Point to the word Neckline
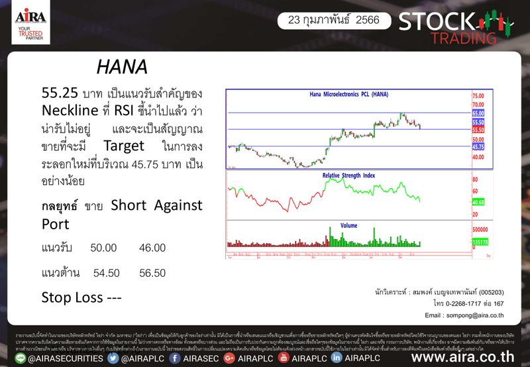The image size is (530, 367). (69, 109)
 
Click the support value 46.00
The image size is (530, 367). (152, 247)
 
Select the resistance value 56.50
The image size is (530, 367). (152, 272)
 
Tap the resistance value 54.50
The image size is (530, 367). (107, 272)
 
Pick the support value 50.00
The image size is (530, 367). (103, 247)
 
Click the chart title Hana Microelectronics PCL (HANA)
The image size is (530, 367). (349, 95)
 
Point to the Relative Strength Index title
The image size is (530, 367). (348, 176)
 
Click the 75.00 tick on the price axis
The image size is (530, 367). (478, 96)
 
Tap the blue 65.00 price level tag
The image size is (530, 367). (478, 114)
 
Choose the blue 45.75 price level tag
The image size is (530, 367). (478, 147)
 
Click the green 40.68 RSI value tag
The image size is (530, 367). (478, 203)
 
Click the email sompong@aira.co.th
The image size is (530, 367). (464, 315)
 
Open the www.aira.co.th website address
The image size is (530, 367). (463, 357)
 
